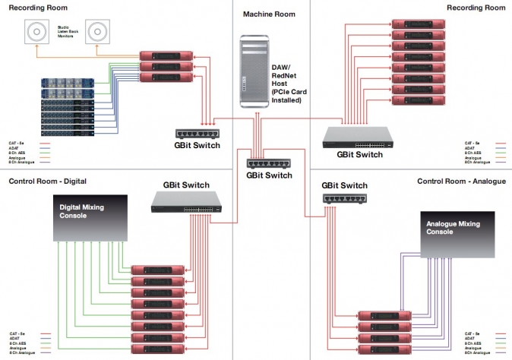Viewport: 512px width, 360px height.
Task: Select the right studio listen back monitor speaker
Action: tap(96, 33)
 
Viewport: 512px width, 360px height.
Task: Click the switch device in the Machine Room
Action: tap(268, 163)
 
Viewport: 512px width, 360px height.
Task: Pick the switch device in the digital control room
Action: tap(186, 201)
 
